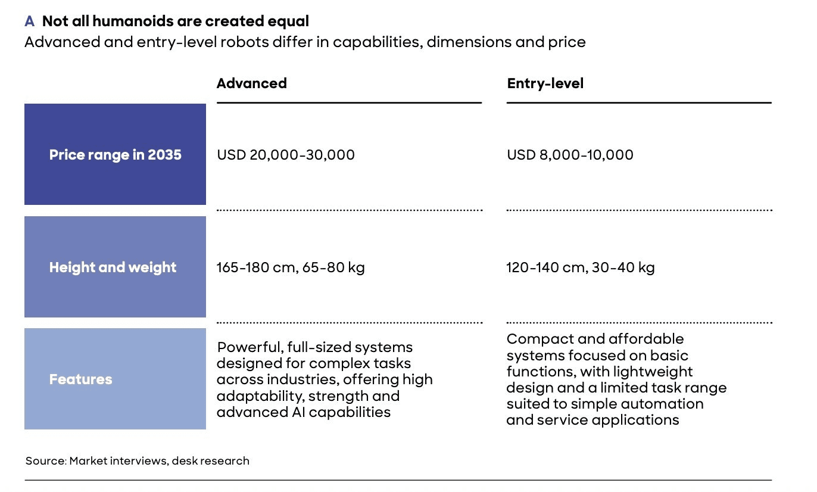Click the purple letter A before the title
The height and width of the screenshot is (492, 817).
point(30,21)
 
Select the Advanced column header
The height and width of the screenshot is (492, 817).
point(252,83)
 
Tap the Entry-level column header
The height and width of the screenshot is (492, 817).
point(545,83)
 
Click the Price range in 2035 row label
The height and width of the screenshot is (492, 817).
point(116,155)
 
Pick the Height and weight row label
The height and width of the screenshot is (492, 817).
point(113,267)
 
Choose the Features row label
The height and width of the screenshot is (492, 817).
point(80,379)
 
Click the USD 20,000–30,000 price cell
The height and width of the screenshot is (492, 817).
point(286,155)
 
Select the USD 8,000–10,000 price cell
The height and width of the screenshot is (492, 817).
point(570,155)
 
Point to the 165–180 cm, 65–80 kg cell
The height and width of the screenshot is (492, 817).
point(291,267)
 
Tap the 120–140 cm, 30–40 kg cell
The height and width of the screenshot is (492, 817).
point(581,267)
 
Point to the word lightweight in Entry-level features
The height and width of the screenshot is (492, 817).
point(653,372)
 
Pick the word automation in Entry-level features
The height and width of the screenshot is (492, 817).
point(662,404)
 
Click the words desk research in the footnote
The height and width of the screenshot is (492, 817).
point(210,460)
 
